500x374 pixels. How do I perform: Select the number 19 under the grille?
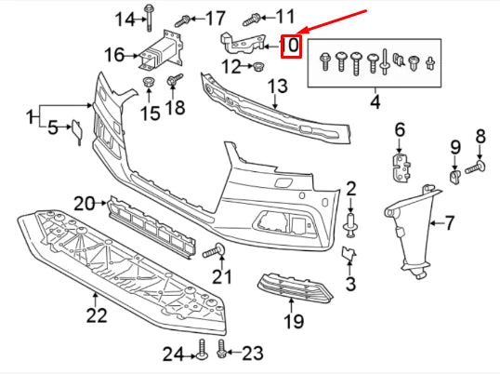pyautogui.click(x=294, y=322)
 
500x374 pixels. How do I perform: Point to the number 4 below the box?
pyautogui.click(x=375, y=99)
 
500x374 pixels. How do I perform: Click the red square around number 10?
pyautogui.click(x=290, y=45)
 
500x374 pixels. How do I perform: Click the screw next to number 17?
pyautogui.click(x=185, y=19)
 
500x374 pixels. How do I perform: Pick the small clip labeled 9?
pyautogui.click(x=454, y=175)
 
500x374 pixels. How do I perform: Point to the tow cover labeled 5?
pyautogui.click(x=80, y=131)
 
